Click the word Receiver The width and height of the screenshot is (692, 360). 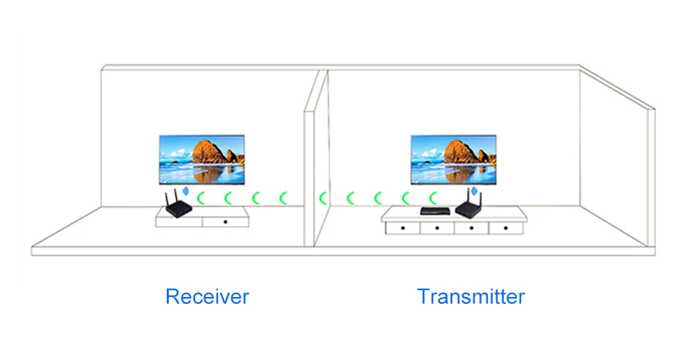tap(207, 296)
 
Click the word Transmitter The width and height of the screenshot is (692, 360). tap(471, 296)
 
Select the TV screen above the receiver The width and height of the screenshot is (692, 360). tap(201, 159)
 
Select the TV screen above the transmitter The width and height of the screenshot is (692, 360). tap(454, 159)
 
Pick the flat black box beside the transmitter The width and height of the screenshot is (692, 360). tap(435, 210)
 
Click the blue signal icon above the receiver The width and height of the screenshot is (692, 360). tap(185, 191)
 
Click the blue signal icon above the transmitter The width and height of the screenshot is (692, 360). tap(475, 191)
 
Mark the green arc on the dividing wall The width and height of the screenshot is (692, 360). tap(322, 198)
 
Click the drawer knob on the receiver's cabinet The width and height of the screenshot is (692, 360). tap(226, 222)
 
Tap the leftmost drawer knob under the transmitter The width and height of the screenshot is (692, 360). tap(403, 228)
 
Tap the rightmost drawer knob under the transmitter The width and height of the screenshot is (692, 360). tap(506, 228)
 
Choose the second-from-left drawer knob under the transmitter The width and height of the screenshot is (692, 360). tap(437, 228)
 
